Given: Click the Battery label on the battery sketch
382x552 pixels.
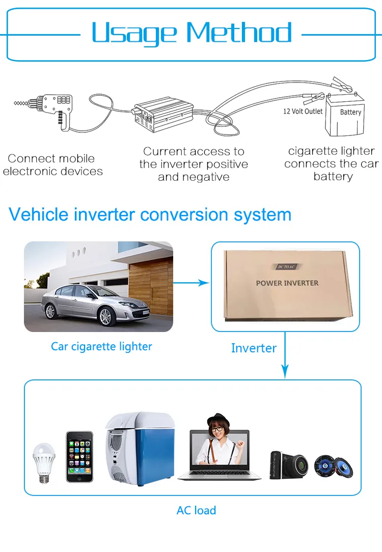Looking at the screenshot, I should [x=350, y=112].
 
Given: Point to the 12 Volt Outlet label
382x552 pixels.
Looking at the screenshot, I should [x=303, y=111].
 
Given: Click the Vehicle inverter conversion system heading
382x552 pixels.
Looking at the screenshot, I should [x=150, y=214].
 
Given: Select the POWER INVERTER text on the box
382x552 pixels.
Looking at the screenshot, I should [x=287, y=283].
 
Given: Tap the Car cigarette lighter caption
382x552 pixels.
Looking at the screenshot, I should [x=101, y=347].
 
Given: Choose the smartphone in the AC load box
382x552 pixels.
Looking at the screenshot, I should [x=79, y=457].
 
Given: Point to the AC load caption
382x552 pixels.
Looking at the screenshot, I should [x=196, y=510].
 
